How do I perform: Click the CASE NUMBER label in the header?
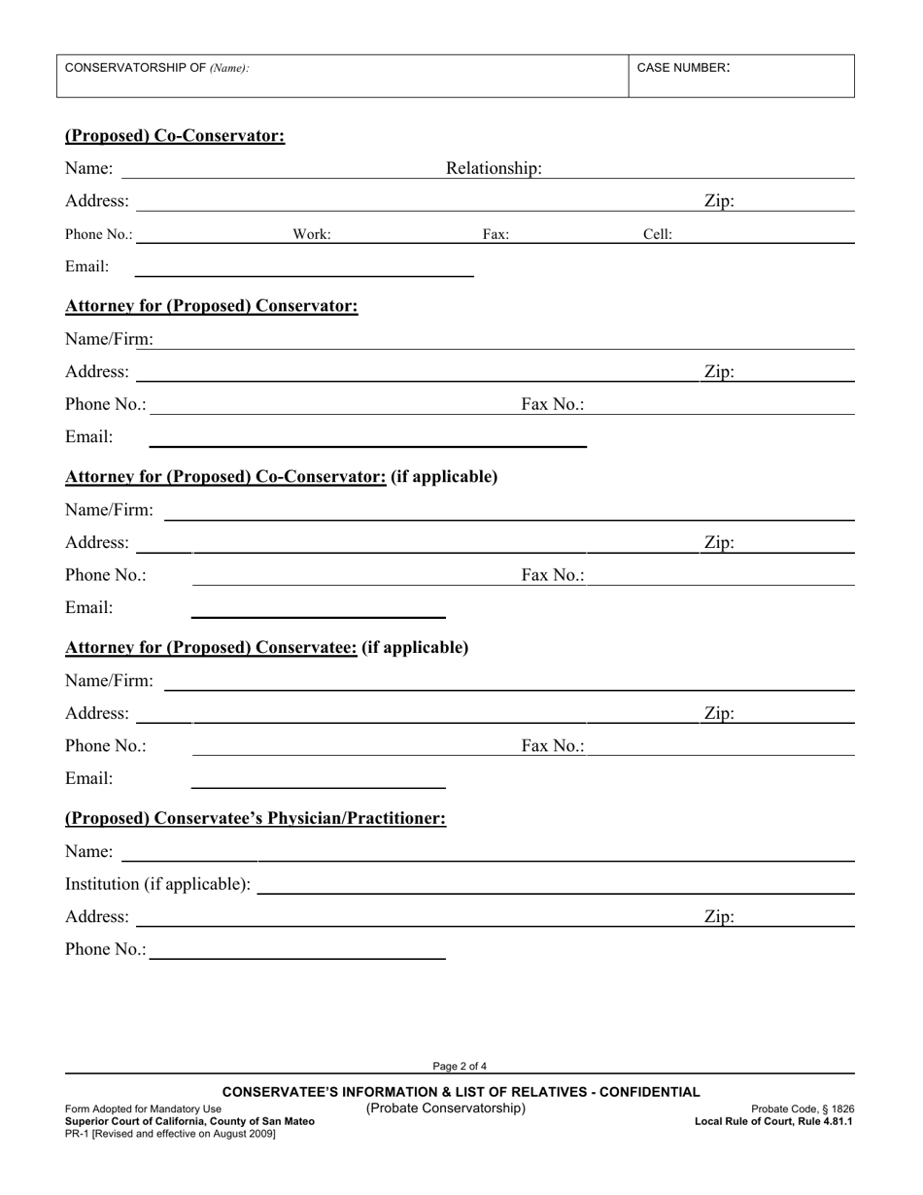tap(683, 68)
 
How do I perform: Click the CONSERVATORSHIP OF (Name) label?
tap(156, 68)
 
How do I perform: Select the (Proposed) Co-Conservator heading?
tap(175, 136)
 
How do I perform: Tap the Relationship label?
tap(494, 169)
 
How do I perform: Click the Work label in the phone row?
tap(312, 234)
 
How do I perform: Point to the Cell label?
tap(658, 234)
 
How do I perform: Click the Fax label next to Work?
tap(496, 234)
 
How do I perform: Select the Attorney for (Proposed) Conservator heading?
tap(211, 306)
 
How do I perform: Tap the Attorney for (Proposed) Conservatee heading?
tap(266, 647)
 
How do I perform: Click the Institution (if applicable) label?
tap(157, 884)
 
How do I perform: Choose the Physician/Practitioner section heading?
tap(256, 818)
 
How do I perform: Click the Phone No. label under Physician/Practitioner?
tap(106, 949)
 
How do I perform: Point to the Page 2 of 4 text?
tap(461, 1066)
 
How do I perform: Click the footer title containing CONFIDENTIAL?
tap(461, 1092)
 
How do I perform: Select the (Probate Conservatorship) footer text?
tap(446, 1109)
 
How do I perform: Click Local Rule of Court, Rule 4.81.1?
tap(773, 1121)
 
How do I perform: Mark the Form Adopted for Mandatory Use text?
tap(143, 1109)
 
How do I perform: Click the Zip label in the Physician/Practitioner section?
tap(719, 916)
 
